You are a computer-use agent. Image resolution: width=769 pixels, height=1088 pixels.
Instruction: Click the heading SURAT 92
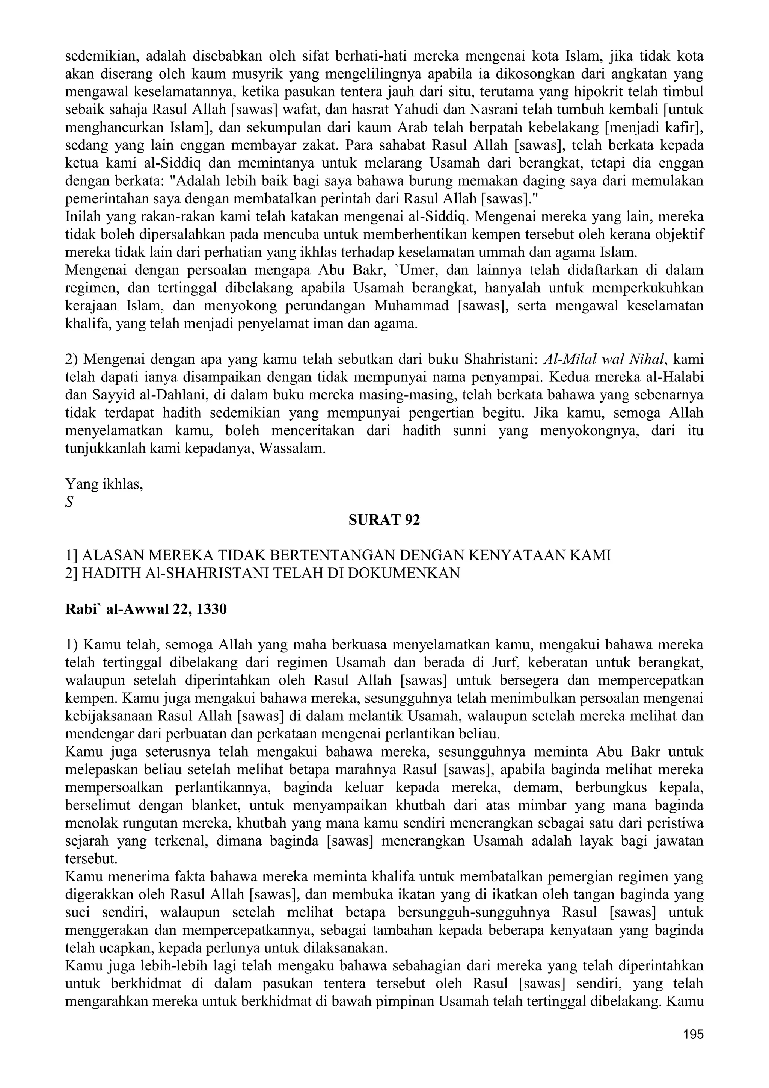tap(384, 520)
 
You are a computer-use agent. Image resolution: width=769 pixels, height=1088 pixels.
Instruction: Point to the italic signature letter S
tap(69, 502)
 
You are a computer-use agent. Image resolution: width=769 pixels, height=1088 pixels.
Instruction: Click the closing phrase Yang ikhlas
tap(104, 484)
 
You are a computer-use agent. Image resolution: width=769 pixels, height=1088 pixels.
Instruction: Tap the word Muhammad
tap(412, 306)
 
